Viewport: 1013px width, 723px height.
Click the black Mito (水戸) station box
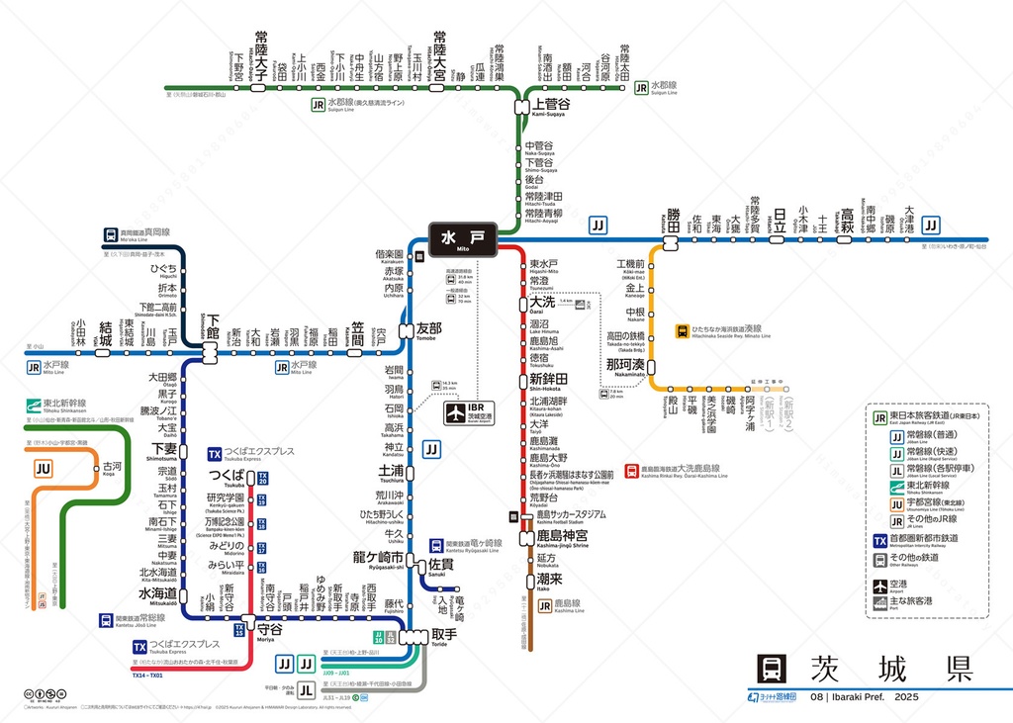[x=463, y=239]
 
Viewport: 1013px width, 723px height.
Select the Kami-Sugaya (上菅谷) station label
[x=551, y=105]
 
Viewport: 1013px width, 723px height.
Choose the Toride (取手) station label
[x=444, y=634]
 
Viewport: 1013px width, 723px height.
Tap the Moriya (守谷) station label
[x=269, y=628]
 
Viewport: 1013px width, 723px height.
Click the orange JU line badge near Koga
[x=44, y=469]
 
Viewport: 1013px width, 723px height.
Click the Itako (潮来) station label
[x=549, y=580]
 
